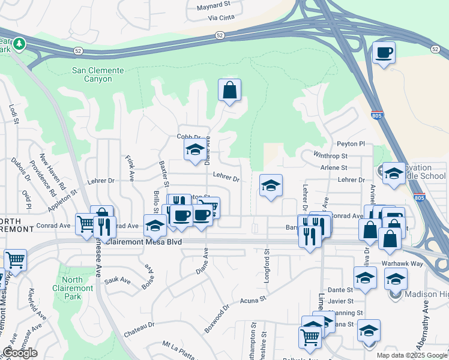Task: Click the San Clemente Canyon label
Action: [98, 74]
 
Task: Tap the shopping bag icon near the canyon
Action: [229, 91]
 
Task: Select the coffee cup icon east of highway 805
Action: [384, 52]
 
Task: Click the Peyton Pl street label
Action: [351, 144]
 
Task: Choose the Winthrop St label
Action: [331, 156]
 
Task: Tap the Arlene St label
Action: [334, 168]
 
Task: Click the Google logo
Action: [20, 352]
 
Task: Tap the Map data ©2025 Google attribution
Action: [412, 355]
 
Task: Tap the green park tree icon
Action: [19, 44]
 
